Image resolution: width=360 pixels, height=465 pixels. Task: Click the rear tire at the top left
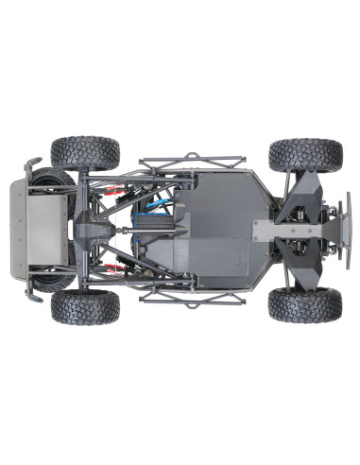[x=85, y=153]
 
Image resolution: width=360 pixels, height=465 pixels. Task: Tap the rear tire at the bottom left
[x=85, y=305]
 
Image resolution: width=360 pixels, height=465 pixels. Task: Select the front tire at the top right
[x=304, y=154]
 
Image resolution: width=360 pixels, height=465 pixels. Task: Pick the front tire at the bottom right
[x=304, y=304]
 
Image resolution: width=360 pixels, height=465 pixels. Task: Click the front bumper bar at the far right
[x=348, y=230]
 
